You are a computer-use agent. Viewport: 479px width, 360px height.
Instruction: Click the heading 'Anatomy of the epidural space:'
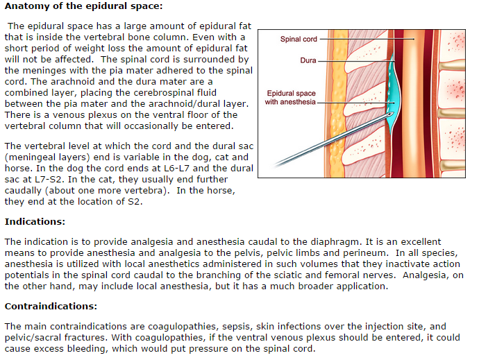tap(83, 6)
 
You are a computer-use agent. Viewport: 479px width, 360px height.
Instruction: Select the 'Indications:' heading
tap(35, 222)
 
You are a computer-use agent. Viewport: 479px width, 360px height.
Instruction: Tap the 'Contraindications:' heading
tap(51, 306)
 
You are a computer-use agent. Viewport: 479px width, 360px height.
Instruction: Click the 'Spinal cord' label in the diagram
tap(299, 40)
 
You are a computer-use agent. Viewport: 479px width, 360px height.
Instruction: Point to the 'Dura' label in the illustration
tap(308, 60)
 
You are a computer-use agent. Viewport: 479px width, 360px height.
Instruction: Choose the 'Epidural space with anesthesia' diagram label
tap(292, 98)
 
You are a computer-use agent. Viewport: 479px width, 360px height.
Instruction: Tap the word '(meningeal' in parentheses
tap(31, 157)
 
